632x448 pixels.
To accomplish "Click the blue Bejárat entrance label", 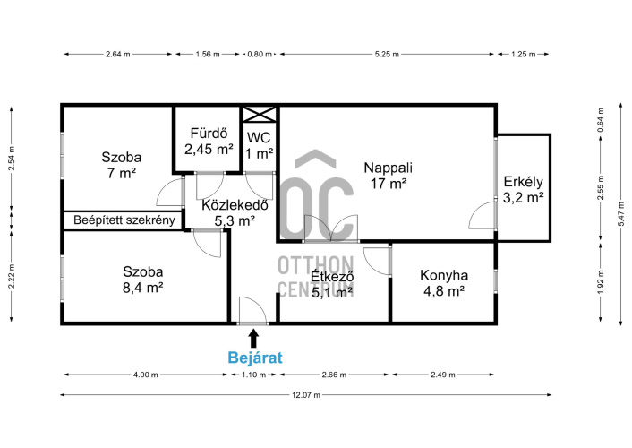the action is pos(255,358).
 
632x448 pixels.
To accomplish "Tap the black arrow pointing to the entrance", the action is pos(253,338).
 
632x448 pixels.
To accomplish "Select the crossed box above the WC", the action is pos(260,114).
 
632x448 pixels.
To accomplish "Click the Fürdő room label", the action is pos(209,133).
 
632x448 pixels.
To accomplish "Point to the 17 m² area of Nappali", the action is pos(389,184).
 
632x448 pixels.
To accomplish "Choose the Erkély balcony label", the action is pos(523,182).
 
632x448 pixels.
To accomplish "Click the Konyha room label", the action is pos(444,275).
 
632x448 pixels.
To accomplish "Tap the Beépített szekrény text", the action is pos(124,220).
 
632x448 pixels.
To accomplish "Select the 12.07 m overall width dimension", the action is pos(306,395).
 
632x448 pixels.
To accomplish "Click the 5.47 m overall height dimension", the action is pos(622,214).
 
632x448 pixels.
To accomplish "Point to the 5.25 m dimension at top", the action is pos(387,54).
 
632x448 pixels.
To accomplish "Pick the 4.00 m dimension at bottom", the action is pos(146,375).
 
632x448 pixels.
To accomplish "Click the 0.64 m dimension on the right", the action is pos(601,120).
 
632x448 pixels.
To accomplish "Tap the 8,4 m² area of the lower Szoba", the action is pos(142,289).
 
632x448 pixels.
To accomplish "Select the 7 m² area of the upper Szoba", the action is pos(122,174).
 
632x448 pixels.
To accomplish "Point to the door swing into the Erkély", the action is pos(483,215).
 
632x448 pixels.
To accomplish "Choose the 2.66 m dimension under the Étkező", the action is pos(334,375).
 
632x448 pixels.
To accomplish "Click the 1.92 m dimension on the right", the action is pos(601,282).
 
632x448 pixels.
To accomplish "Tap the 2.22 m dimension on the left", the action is pos(12,277).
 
